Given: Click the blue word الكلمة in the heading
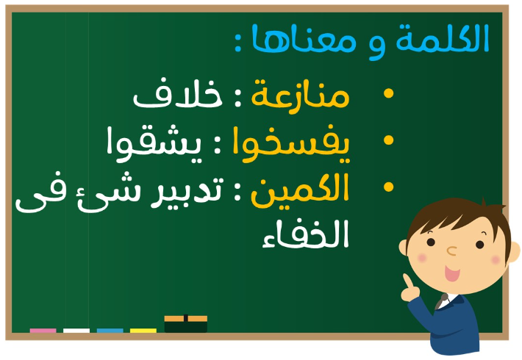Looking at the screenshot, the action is coord(443,38).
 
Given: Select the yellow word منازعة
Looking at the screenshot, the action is coord(300,95).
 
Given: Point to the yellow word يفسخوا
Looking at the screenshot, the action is coord(291,144).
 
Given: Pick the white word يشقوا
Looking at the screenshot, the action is coord(154,144).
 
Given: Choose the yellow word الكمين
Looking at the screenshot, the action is coord(300,190).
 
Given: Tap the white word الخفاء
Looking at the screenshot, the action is coord(305,234).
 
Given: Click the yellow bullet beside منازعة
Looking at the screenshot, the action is coord(388,93).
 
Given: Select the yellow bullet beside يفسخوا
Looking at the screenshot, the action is coord(388,140).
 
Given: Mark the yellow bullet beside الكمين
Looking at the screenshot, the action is coord(388,187).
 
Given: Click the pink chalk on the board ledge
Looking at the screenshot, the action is coord(43,331).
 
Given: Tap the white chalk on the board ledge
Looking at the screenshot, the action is coord(76,331).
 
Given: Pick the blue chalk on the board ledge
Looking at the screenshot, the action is coord(110,331).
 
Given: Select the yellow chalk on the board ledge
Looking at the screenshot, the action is coord(143,331).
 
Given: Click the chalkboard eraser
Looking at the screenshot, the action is coord(186,324).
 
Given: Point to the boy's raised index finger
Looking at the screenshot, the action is coord(408,281).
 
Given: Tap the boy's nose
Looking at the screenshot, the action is coord(451,251).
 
